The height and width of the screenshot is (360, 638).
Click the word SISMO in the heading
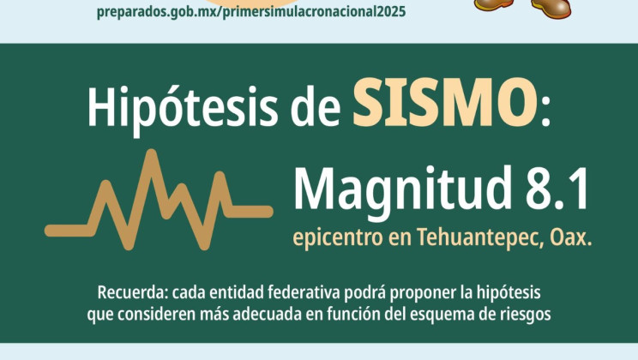440,104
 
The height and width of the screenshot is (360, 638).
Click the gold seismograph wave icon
159,200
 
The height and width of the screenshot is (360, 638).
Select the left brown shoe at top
496,5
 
